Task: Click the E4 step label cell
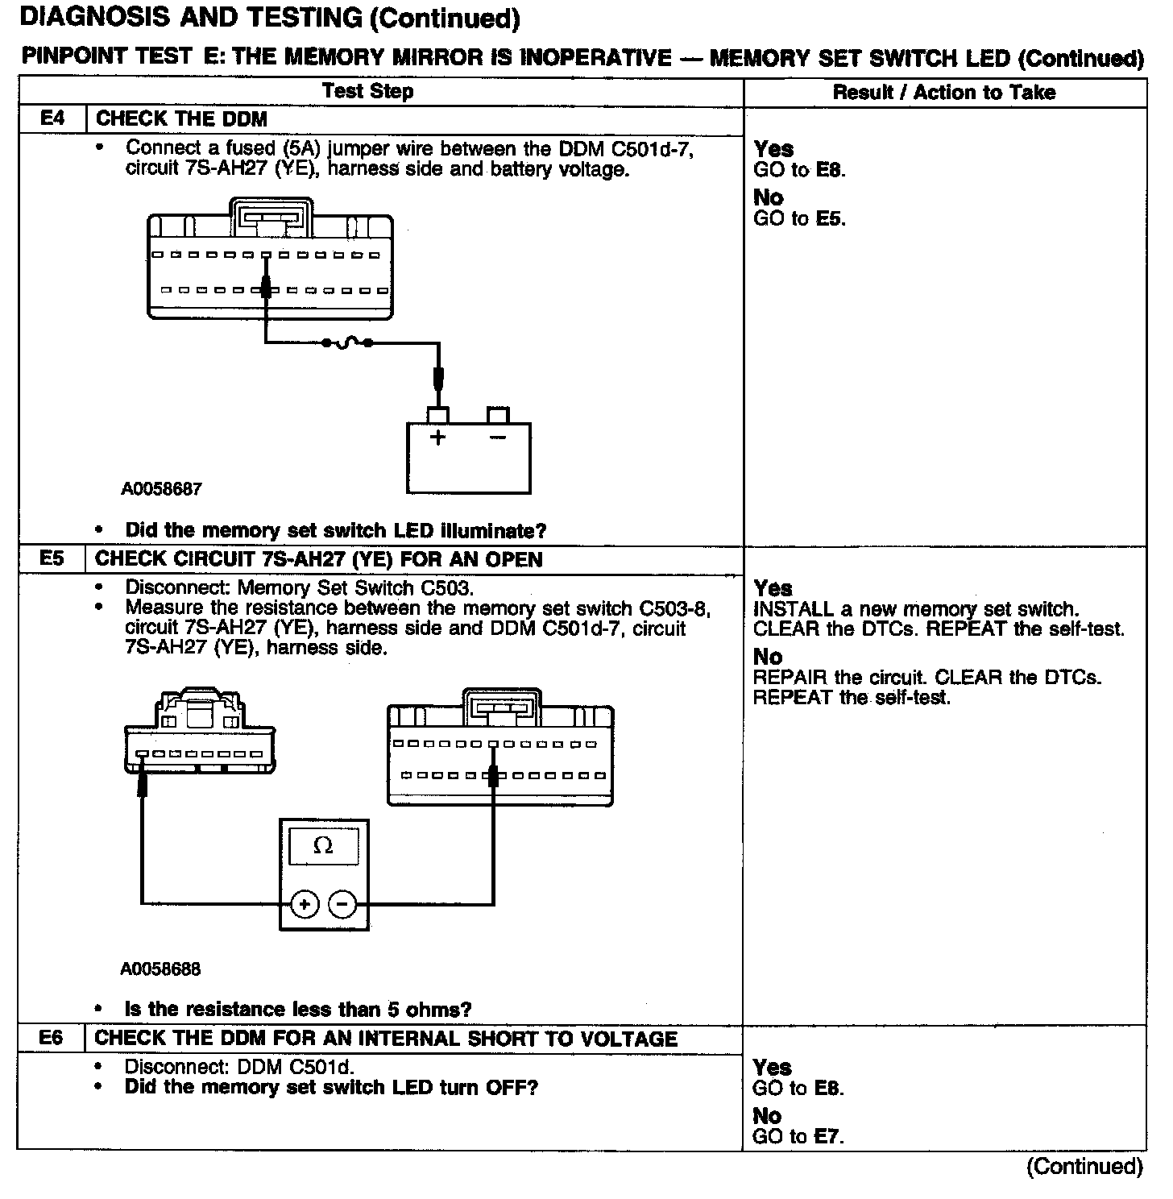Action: pos(51,119)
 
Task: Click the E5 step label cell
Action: pos(51,558)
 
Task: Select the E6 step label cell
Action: pos(51,1038)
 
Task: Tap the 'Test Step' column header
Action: pos(367,91)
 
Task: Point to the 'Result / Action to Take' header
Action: pos(943,93)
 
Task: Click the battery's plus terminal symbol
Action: pos(437,438)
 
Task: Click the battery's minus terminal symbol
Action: pos(498,438)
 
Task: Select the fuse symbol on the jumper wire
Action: pos(346,343)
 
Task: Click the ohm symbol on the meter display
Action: pos(323,845)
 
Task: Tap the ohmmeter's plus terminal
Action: pos(305,905)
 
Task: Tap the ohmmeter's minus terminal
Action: pos(343,905)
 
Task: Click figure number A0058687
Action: pos(161,488)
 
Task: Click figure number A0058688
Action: pos(160,969)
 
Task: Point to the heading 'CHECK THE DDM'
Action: pos(181,119)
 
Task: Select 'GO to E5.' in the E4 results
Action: pos(799,218)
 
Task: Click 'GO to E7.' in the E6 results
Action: pos(798,1137)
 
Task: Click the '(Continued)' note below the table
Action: pos(1084,1168)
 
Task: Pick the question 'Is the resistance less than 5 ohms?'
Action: pos(298,1010)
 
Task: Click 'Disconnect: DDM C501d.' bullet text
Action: pos(238,1067)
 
